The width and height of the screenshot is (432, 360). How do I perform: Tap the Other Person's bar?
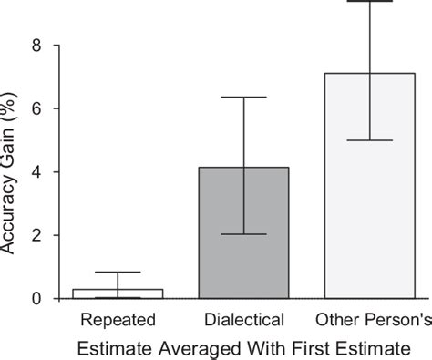coord(370,186)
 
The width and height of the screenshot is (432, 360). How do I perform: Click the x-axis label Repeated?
coord(118,319)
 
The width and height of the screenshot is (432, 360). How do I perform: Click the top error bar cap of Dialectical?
coord(244,97)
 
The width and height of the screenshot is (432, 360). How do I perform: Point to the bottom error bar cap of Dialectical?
coord(244,234)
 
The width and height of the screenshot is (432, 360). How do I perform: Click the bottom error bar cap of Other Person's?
coord(370,140)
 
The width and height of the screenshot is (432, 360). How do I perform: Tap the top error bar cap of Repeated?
coord(118,272)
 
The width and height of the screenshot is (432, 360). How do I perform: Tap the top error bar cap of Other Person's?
coord(370,2)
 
